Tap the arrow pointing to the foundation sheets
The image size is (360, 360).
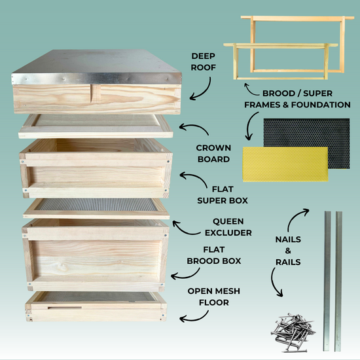250,128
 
